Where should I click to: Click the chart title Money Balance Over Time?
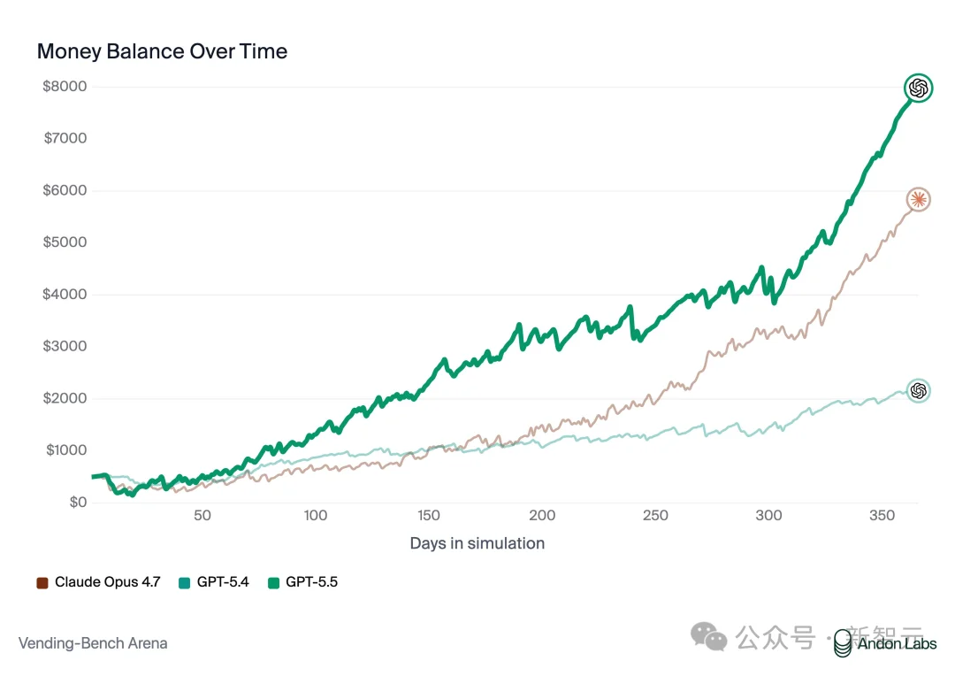pos(162,51)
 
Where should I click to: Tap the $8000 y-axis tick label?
pos(65,87)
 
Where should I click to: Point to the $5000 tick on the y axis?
pos(65,242)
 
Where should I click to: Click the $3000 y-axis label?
pos(65,346)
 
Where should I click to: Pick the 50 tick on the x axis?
pos(202,516)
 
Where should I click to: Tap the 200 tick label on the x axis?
pos(542,516)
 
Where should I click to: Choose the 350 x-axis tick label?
pos(882,516)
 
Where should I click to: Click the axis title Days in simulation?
pos(477,543)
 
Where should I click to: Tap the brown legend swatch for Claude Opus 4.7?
pos(42,583)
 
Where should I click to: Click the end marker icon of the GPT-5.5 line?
pos(919,88)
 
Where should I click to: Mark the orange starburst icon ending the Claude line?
pos(919,199)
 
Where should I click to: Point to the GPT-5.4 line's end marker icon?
pos(919,390)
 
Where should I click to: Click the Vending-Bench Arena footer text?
pos(93,643)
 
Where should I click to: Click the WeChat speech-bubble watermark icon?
pos(710,637)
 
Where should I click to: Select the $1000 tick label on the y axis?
pos(65,450)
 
